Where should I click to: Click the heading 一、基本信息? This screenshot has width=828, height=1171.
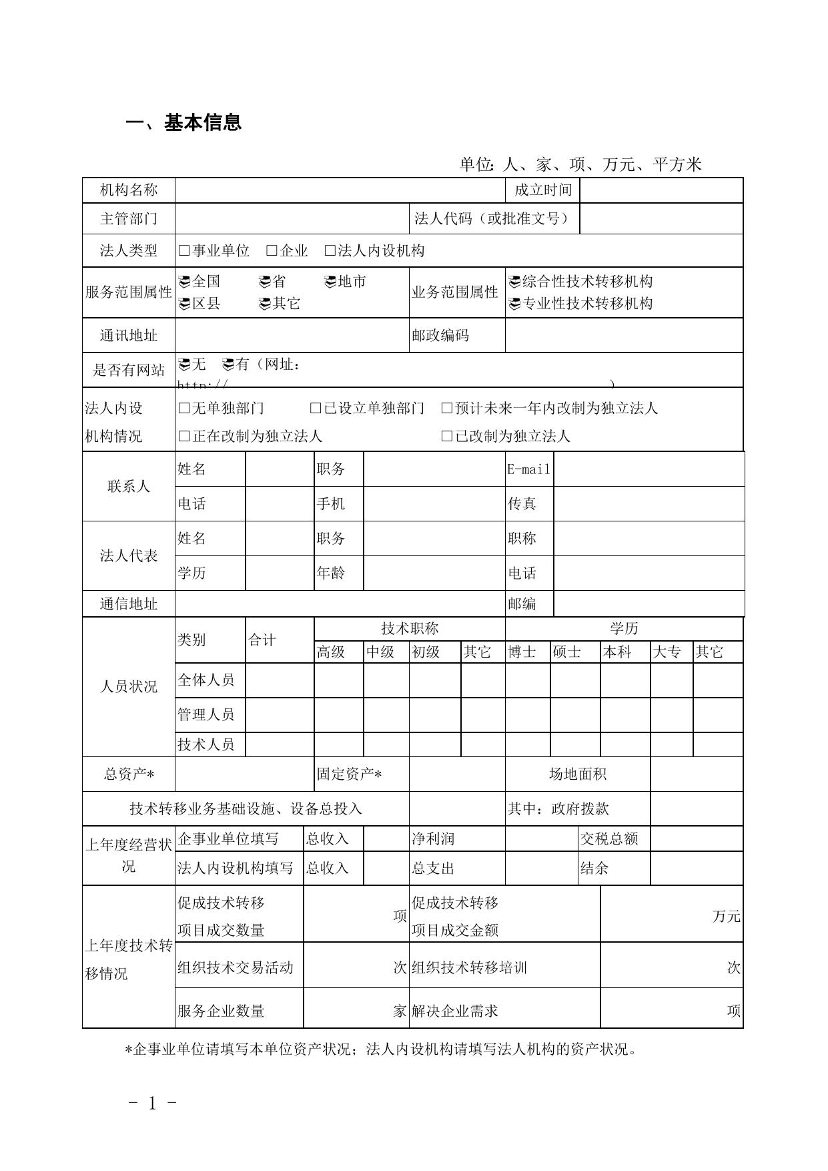point(183,123)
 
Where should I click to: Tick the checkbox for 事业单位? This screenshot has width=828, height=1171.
point(184,251)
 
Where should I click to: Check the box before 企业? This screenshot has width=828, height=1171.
point(272,251)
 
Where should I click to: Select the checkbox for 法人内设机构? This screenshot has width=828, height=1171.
point(330,251)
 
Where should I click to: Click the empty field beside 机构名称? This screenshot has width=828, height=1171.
point(340,190)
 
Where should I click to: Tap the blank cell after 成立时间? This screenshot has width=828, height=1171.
point(661,190)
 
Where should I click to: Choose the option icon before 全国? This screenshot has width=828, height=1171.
point(184,282)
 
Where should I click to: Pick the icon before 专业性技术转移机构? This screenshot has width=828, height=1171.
point(514,304)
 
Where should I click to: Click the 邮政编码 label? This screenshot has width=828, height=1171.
point(440,335)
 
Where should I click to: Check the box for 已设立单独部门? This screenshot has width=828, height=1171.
point(316,409)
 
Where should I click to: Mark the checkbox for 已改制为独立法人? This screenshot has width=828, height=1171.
point(447,437)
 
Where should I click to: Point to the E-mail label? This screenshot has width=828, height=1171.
point(528,469)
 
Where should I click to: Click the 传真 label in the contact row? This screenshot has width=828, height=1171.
point(522,504)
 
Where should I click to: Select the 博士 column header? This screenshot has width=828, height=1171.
point(522,652)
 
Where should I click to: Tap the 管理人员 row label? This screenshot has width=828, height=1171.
point(205,715)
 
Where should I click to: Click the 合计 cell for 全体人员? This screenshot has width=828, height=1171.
point(279,680)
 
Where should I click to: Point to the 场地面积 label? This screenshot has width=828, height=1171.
point(577,774)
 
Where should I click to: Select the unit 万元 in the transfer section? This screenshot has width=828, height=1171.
point(726,917)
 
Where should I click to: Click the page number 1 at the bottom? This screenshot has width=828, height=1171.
point(152,1104)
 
